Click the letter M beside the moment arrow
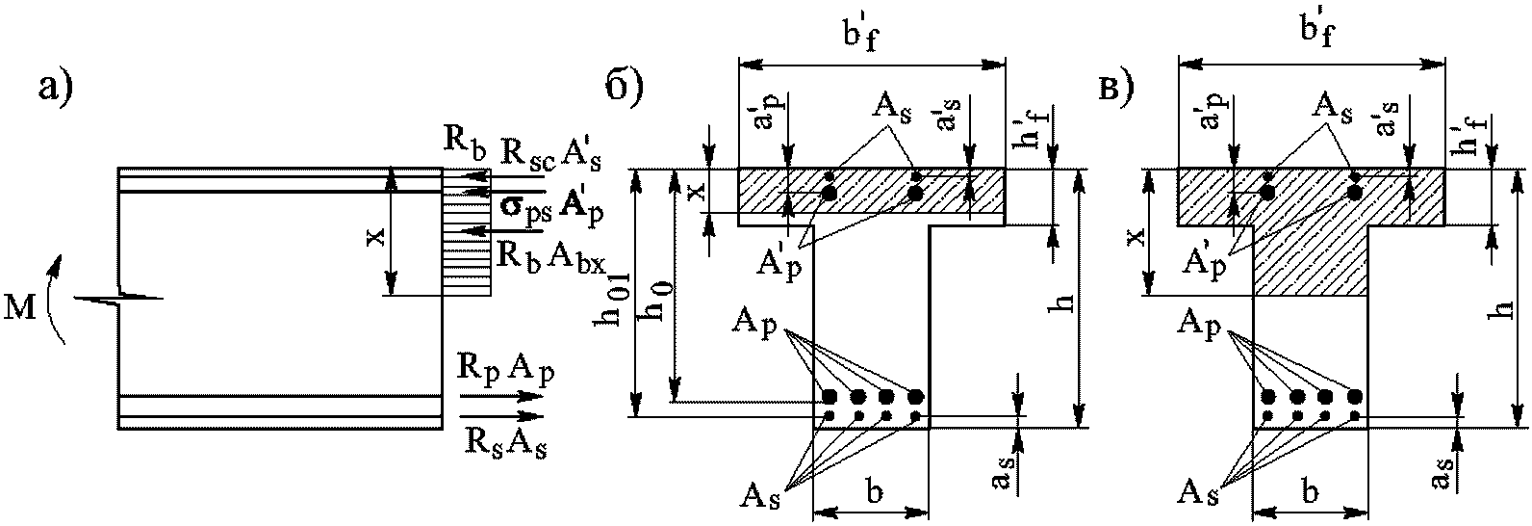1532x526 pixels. click(21, 309)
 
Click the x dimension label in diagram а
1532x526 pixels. click(376, 236)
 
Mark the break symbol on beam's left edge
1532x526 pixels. click(119, 298)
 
